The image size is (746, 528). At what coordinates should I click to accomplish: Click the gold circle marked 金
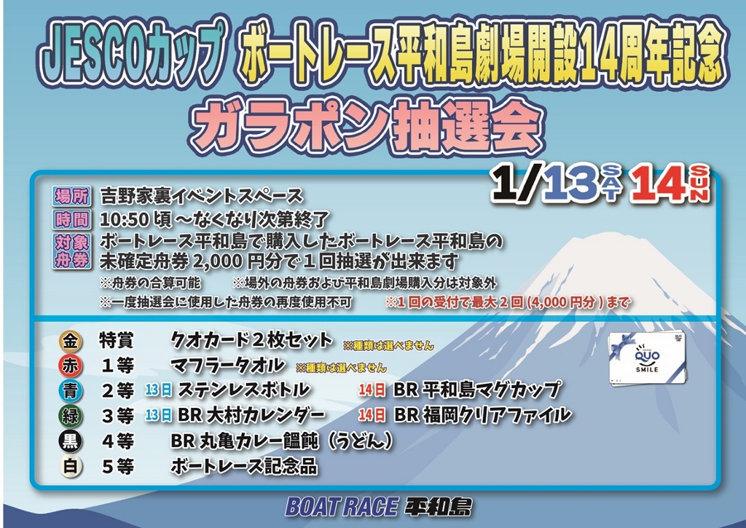[71, 341]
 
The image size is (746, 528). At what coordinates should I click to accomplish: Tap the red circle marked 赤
[71, 366]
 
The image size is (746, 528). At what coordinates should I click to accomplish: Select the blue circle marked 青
[71, 391]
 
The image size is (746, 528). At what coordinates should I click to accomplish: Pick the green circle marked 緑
[71, 417]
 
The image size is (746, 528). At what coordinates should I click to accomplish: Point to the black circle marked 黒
[71, 441]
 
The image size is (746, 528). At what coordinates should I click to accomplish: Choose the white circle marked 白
[71, 466]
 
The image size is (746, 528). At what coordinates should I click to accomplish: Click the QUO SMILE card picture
[648, 358]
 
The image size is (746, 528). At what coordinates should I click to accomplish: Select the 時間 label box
[71, 220]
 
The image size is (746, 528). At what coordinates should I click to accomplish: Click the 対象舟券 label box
[71, 251]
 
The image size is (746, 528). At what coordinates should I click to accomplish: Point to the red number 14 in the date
[659, 184]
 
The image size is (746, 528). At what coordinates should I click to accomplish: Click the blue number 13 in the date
[571, 183]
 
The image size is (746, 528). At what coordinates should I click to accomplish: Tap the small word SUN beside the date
[699, 184]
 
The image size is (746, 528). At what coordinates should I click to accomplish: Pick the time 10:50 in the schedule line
[124, 220]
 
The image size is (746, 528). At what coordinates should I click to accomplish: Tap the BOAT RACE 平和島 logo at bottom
[379, 507]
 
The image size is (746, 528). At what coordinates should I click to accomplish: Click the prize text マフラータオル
[227, 366]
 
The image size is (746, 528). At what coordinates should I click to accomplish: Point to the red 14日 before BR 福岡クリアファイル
[372, 415]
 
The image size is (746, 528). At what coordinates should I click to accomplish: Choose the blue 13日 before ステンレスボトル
[158, 390]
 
